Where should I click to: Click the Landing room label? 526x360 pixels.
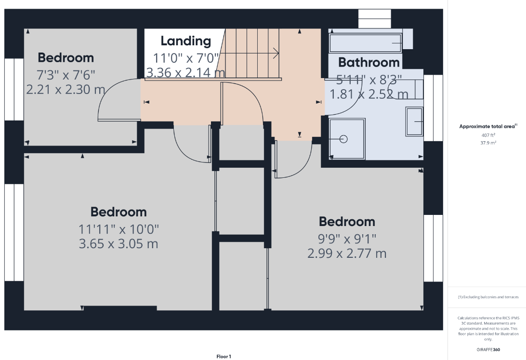[x=186, y=41]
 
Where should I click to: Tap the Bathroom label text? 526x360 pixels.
[x=368, y=62]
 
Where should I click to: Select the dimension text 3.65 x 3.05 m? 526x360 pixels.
[x=118, y=243]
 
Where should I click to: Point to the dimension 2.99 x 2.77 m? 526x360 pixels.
[x=347, y=253]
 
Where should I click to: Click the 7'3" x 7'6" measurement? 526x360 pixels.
[x=66, y=75]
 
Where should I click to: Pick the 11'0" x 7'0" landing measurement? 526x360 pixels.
[x=185, y=58]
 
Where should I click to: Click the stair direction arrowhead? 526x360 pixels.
[x=276, y=53]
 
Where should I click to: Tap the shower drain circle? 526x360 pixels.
[x=343, y=139]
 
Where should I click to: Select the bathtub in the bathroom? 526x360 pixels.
[x=365, y=43]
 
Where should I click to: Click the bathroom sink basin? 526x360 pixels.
[x=415, y=121]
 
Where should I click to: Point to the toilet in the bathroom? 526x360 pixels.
[x=406, y=90]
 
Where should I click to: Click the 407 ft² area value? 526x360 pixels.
[x=488, y=135]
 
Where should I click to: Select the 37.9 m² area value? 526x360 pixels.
[x=488, y=143]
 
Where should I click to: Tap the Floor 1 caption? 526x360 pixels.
[x=224, y=357]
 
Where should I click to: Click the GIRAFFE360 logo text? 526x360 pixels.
[x=488, y=349]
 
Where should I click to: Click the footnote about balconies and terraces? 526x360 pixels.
[x=488, y=297]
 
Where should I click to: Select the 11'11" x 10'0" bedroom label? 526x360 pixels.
[x=118, y=229]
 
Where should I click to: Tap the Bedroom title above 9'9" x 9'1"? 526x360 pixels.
[x=347, y=222]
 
